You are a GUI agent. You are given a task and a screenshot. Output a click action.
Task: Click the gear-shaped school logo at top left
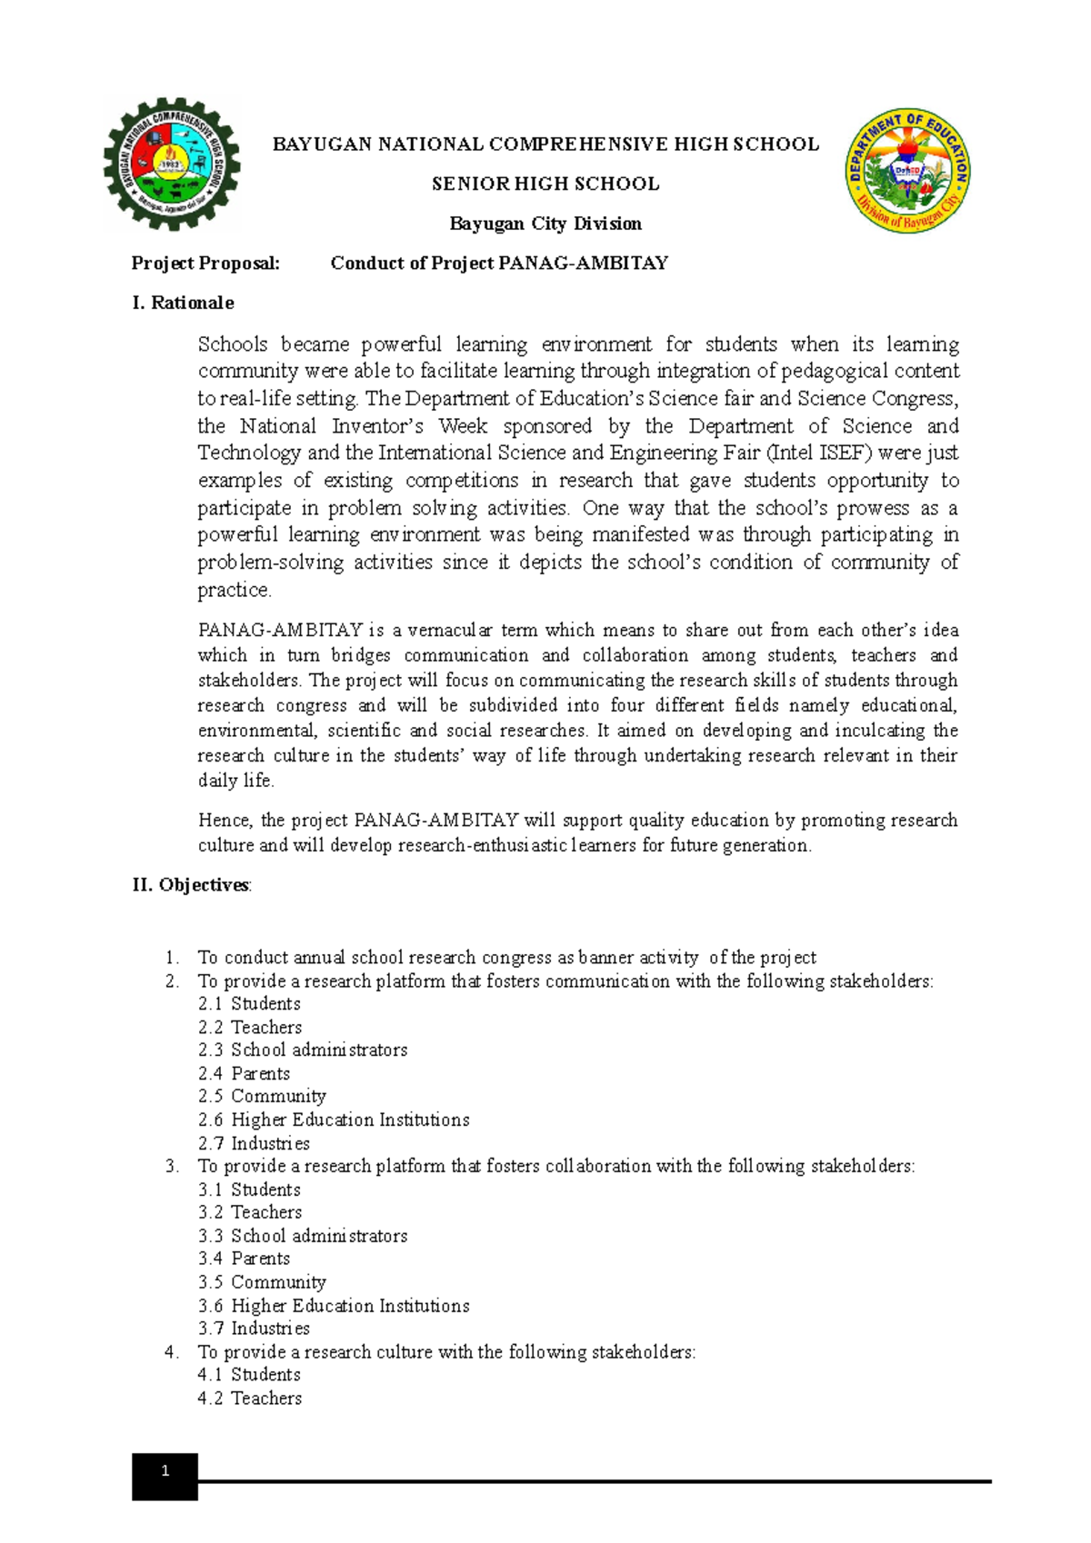[x=172, y=164]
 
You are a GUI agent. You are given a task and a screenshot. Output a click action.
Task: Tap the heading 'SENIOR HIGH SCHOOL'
[x=545, y=184]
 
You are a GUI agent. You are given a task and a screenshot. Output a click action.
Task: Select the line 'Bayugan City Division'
[x=545, y=224]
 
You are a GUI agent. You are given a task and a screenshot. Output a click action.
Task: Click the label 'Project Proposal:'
[x=205, y=264]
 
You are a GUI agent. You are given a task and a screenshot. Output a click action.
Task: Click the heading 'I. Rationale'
[x=183, y=303]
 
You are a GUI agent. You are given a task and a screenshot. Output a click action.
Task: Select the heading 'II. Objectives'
[x=191, y=885]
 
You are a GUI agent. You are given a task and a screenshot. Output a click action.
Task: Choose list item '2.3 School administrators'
[x=303, y=1050]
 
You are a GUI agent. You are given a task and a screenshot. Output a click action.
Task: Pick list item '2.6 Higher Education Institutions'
[x=334, y=1120]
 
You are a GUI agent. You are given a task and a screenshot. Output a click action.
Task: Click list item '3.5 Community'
[x=262, y=1282]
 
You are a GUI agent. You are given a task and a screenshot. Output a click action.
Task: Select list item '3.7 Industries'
[x=254, y=1329]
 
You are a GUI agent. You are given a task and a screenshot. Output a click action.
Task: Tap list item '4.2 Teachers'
[x=250, y=1399]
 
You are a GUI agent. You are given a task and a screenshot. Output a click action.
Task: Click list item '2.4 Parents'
[x=245, y=1074]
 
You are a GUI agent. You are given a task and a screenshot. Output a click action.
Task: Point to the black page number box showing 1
[x=165, y=1477]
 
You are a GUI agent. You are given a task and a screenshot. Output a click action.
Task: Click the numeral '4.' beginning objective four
[x=172, y=1352]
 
